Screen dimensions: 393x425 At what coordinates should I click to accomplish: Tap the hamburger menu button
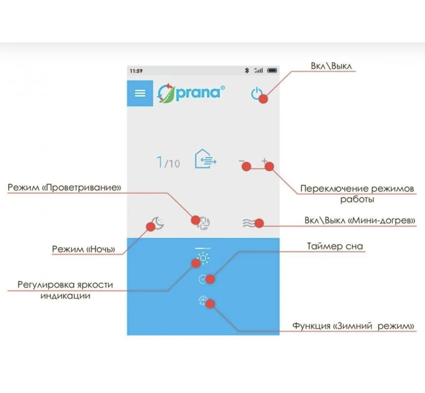click(140, 93)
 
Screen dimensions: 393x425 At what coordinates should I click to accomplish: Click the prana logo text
click(201, 92)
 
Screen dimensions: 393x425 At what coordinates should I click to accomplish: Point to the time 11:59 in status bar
click(136, 70)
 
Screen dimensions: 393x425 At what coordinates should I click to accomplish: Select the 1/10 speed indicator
click(168, 163)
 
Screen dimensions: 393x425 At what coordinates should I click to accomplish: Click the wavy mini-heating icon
click(251, 223)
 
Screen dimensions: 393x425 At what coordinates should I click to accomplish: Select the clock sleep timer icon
click(202, 279)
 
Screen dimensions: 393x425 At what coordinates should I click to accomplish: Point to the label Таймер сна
click(335, 246)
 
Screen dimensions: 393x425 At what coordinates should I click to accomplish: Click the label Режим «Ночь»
click(83, 250)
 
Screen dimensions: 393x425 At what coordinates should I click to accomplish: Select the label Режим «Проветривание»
click(64, 188)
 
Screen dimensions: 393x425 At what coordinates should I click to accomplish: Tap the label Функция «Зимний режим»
click(353, 326)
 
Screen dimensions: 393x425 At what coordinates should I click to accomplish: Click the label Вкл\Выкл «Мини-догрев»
click(360, 221)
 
